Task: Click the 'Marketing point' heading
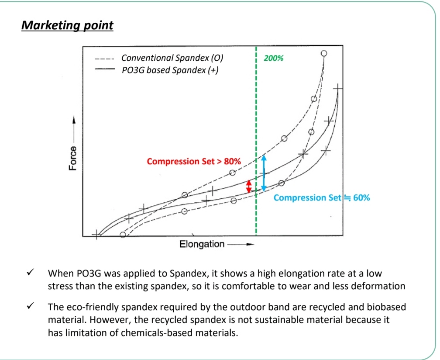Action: pyautogui.click(x=67, y=25)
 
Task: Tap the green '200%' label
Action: pyautogui.click(x=274, y=58)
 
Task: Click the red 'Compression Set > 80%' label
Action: pyautogui.click(x=194, y=162)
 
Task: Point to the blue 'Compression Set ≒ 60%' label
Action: pyautogui.click(x=322, y=197)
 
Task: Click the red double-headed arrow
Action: pyautogui.click(x=249, y=186)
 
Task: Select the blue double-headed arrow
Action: pyautogui.click(x=264, y=173)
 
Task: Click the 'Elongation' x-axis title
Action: pyautogui.click(x=202, y=244)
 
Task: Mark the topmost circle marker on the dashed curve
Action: pyautogui.click(x=323, y=54)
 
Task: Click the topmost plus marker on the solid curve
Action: pyautogui.click(x=338, y=89)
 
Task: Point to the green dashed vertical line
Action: pyautogui.click(x=256, y=131)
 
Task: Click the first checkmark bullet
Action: pyautogui.click(x=31, y=273)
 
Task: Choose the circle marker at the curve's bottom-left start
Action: pyautogui.click(x=123, y=235)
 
